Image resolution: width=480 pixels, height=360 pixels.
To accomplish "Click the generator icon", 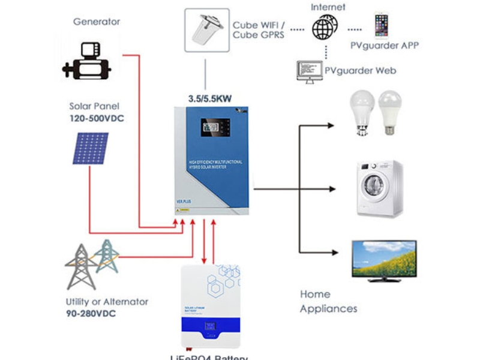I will [x=87, y=61].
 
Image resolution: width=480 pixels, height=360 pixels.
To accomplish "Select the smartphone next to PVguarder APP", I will [x=382, y=25].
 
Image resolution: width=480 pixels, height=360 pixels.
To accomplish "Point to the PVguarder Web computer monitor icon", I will [x=308, y=70].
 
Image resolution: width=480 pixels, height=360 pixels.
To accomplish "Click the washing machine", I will [x=379, y=188].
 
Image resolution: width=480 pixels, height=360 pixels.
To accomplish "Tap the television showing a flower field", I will [x=383, y=260].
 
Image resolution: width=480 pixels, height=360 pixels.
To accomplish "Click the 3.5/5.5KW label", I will [x=209, y=95].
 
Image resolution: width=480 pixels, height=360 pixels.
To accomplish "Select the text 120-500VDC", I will [x=97, y=118].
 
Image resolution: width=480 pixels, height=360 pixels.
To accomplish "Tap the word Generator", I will [x=97, y=22].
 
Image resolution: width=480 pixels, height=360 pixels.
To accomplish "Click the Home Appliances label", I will [x=328, y=301].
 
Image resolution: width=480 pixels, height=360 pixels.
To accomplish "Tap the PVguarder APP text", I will [x=385, y=46].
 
